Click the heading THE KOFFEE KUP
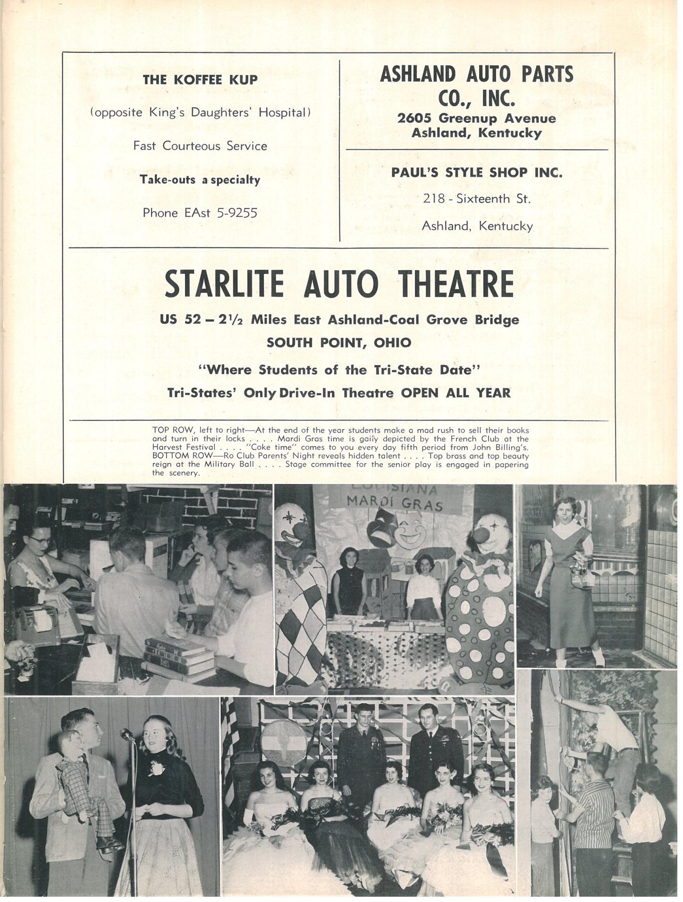click(200, 80)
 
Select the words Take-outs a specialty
click(200, 179)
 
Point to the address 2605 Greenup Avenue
click(476, 118)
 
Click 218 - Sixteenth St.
click(476, 199)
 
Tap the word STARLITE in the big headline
click(224, 284)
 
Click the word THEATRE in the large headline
click(455, 284)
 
